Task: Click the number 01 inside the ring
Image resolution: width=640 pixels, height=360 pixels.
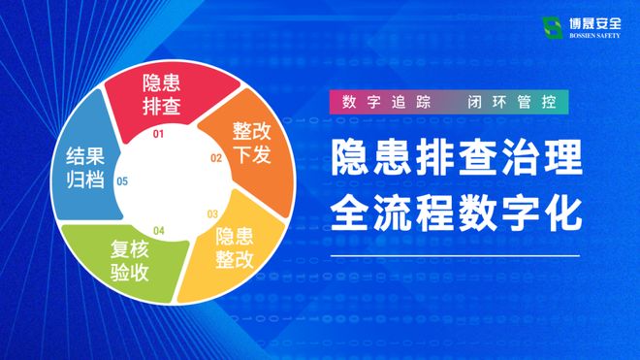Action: pyautogui.click(x=159, y=134)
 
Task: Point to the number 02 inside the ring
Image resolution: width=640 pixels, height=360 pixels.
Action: pyautogui.click(x=216, y=157)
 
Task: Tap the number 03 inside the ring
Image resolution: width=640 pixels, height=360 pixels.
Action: pyautogui.click(x=212, y=213)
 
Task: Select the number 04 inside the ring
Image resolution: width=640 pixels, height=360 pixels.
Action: pyautogui.click(x=159, y=231)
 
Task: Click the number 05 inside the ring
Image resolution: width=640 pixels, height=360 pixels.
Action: pyautogui.click(x=122, y=181)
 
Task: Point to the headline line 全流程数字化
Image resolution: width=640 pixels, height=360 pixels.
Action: pyautogui.click(x=456, y=212)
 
